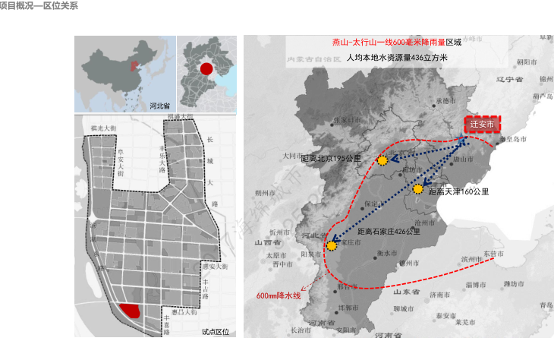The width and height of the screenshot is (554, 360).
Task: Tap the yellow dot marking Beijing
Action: tap(382, 160)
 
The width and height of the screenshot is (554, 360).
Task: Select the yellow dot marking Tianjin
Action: tap(417, 188)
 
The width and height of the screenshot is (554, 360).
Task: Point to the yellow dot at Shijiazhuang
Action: tap(332, 245)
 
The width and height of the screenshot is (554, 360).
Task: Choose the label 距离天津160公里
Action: tap(458, 192)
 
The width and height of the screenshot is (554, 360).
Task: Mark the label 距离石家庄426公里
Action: tap(389, 230)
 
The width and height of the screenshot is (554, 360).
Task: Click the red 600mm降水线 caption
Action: tap(279, 295)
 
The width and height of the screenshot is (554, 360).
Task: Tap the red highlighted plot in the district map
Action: tap(131, 310)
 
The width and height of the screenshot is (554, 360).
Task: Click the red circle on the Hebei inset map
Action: tap(206, 69)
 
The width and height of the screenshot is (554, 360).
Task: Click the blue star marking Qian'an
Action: tap(463, 137)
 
